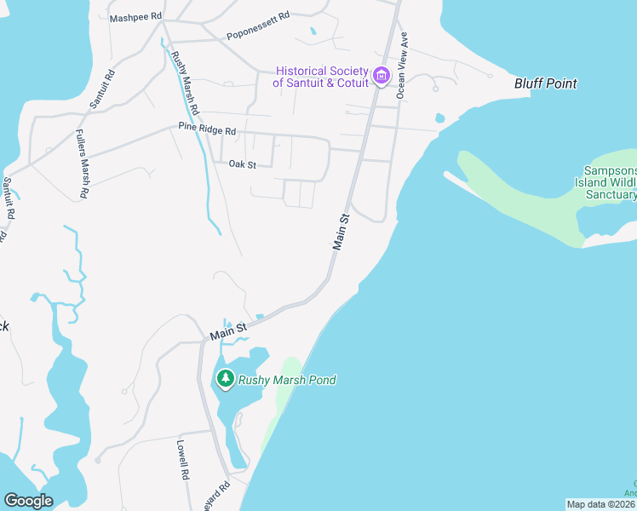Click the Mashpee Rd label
coord(136,17)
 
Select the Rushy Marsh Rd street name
coord(185,84)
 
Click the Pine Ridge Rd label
coord(207,129)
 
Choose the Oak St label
coord(242,164)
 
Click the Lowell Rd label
coord(182,460)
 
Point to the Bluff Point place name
coord(546,83)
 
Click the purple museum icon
coord(381,77)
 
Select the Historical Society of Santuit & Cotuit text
coord(320,77)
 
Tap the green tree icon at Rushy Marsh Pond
coord(225,379)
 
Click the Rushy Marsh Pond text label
coord(287,380)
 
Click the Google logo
coord(28,501)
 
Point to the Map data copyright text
coord(601,504)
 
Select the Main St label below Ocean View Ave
coord(341,231)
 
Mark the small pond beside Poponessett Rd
coord(313,32)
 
